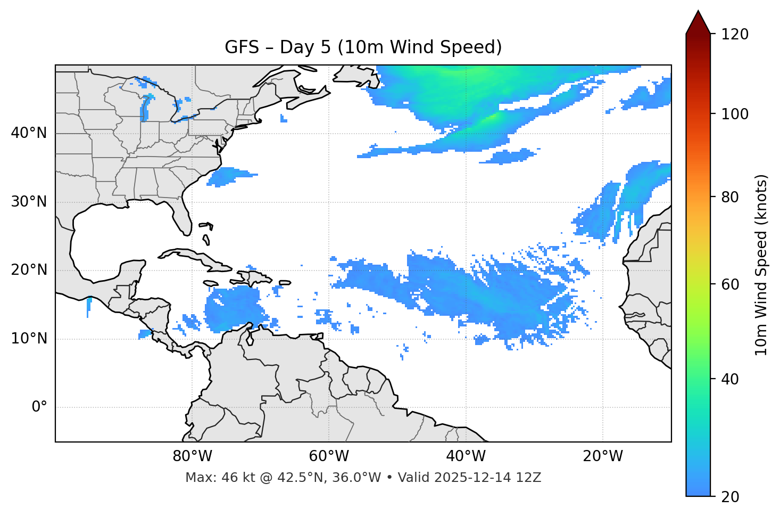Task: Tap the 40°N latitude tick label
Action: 29,133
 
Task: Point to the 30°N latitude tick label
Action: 29,202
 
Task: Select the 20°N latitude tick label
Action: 29,270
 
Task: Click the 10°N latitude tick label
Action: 29,339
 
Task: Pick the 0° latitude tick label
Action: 39,407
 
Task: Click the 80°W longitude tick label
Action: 192,456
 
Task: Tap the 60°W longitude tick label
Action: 329,456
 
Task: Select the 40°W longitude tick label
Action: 466,456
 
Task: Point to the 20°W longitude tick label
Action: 602,456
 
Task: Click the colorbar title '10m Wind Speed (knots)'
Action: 761,265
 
